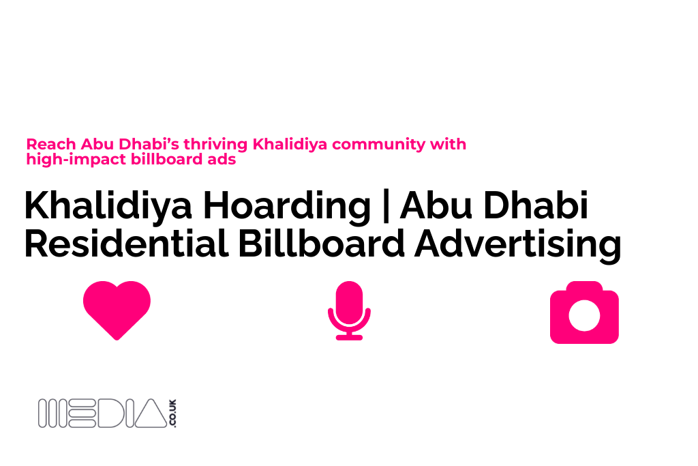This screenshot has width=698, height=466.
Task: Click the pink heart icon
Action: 117,309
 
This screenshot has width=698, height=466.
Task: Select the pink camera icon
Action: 584,312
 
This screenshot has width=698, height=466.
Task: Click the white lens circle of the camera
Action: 584,315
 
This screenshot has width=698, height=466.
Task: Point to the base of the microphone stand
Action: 349,336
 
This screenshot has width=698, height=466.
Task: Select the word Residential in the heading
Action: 126,244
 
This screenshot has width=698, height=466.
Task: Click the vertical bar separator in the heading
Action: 385,206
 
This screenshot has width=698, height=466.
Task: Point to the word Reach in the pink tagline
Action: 51,145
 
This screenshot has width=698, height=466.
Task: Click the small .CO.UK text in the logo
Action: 172,414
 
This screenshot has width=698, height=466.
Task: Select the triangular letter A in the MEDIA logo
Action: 151,414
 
